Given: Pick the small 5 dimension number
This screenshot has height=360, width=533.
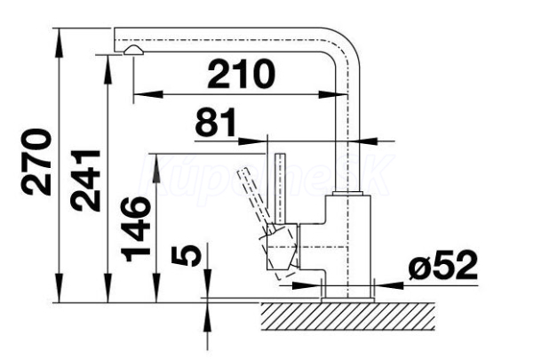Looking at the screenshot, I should point(184,256).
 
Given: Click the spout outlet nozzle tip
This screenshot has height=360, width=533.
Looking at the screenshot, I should point(133,52).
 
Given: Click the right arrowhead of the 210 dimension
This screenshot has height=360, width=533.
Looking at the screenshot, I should point(330,92).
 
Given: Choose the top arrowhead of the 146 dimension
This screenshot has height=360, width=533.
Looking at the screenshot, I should point(157,161).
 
